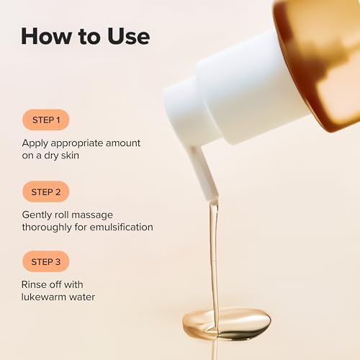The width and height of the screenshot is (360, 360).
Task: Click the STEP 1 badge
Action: pyautogui.click(x=45, y=120)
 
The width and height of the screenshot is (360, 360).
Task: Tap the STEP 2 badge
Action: pyautogui.click(x=45, y=192)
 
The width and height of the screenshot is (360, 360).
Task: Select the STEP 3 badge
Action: pyautogui.click(x=45, y=261)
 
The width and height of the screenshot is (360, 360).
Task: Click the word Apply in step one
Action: pyautogui.click(x=36, y=143)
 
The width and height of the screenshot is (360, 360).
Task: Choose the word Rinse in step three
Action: pyautogui.click(x=36, y=284)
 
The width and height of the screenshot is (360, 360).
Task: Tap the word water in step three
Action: pyautogui.click(x=82, y=297)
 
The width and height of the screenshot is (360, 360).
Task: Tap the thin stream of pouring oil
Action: pyautogui.click(x=213, y=252)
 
